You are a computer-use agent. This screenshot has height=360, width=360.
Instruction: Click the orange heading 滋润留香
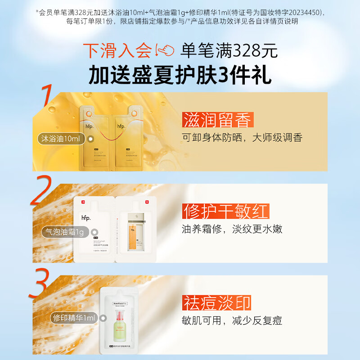pos(218,120)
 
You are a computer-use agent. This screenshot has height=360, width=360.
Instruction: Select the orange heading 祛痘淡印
pos(216,302)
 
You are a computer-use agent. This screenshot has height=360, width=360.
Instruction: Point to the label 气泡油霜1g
pos(63,232)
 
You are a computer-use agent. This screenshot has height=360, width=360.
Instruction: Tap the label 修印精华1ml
pos(73,318)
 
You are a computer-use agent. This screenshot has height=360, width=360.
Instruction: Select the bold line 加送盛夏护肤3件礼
pos(180,75)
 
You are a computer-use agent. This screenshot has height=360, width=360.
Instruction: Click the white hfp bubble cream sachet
pos(95,229)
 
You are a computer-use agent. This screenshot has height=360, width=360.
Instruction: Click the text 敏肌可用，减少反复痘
pos(232,321)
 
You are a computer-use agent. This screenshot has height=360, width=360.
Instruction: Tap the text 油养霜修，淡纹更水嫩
pos(232,229)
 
